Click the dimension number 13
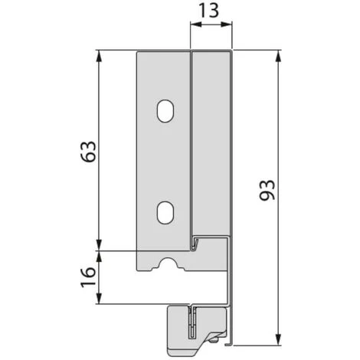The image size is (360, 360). [208, 10]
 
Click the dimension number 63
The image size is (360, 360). [89, 152]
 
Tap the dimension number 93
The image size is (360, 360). [267, 190]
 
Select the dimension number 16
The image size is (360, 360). [88, 277]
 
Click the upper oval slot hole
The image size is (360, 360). [165, 111]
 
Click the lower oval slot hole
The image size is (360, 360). [165, 213]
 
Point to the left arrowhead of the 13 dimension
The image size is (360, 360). [196, 25]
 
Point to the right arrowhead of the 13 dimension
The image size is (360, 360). [226, 25]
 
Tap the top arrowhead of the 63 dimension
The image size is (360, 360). [99, 57]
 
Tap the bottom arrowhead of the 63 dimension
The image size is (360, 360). [99, 244]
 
